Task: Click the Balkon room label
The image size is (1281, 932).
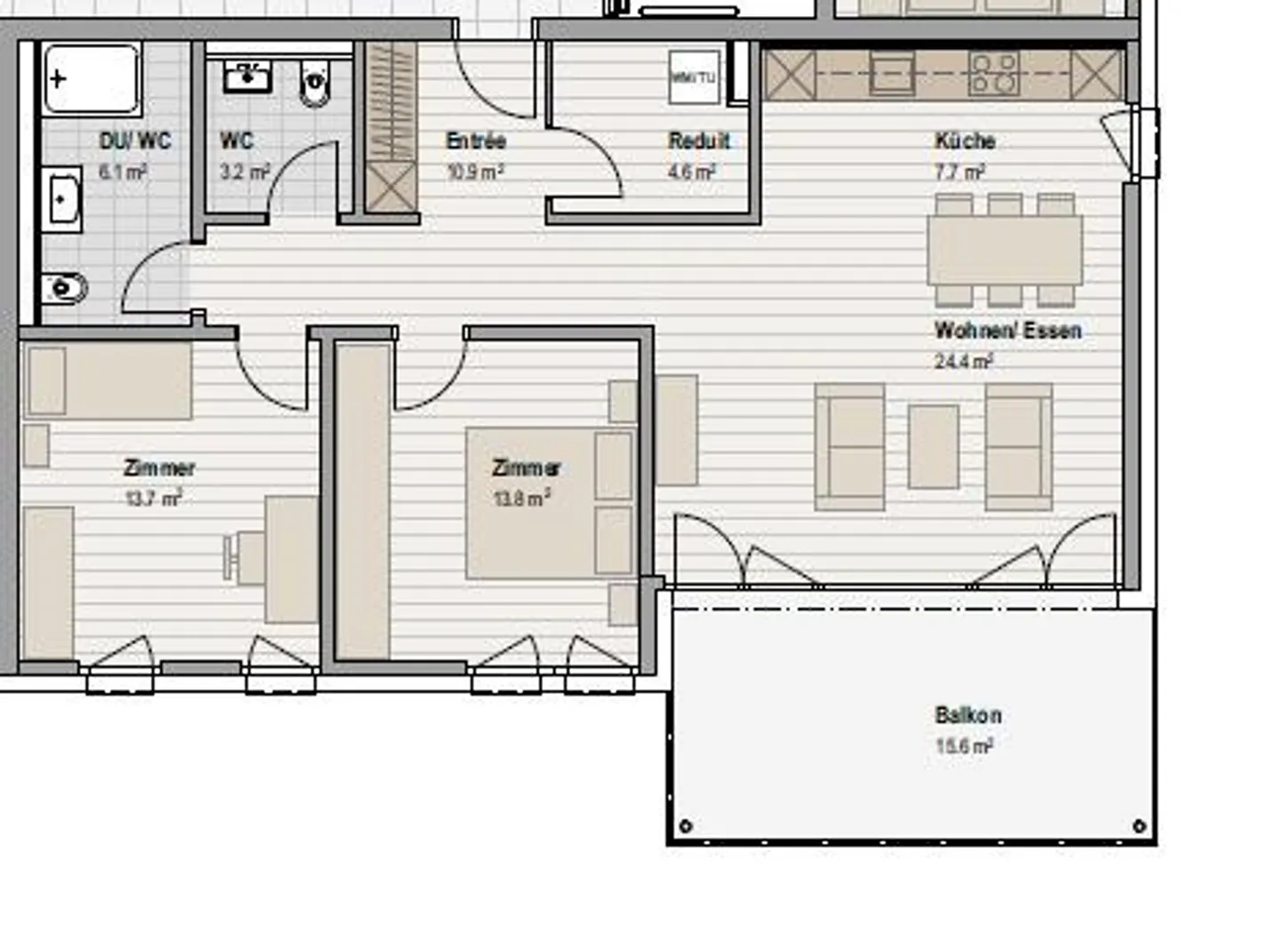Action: pyautogui.click(x=968, y=715)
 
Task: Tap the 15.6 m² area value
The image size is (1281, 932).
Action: pyautogui.click(x=963, y=746)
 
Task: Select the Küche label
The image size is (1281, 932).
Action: pyautogui.click(x=964, y=141)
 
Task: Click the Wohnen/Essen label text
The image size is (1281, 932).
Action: pyautogui.click(x=1008, y=331)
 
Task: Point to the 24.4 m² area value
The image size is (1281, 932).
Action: pyautogui.click(x=963, y=361)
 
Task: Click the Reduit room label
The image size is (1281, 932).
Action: pyautogui.click(x=699, y=141)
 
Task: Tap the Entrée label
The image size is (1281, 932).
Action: pyautogui.click(x=476, y=141)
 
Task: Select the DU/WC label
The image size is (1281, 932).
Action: pyautogui.click(x=135, y=141)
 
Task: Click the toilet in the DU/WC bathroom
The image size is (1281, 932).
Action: pyautogui.click(x=64, y=288)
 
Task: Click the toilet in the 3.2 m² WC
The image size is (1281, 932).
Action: pyautogui.click(x=315, y=84)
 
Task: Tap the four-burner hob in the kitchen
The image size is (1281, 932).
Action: pyautogui.click(x=994, y=75)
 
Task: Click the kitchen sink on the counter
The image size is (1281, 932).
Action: pyautogui.click(x=891, y=74)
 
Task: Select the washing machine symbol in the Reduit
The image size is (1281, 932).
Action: pyautogui.click(x=694, y=78)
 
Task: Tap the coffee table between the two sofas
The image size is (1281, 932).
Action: pyautogui.click(x=933, y=446)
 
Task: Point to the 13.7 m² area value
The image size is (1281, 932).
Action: pyautogui.click(x=153, y=498)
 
